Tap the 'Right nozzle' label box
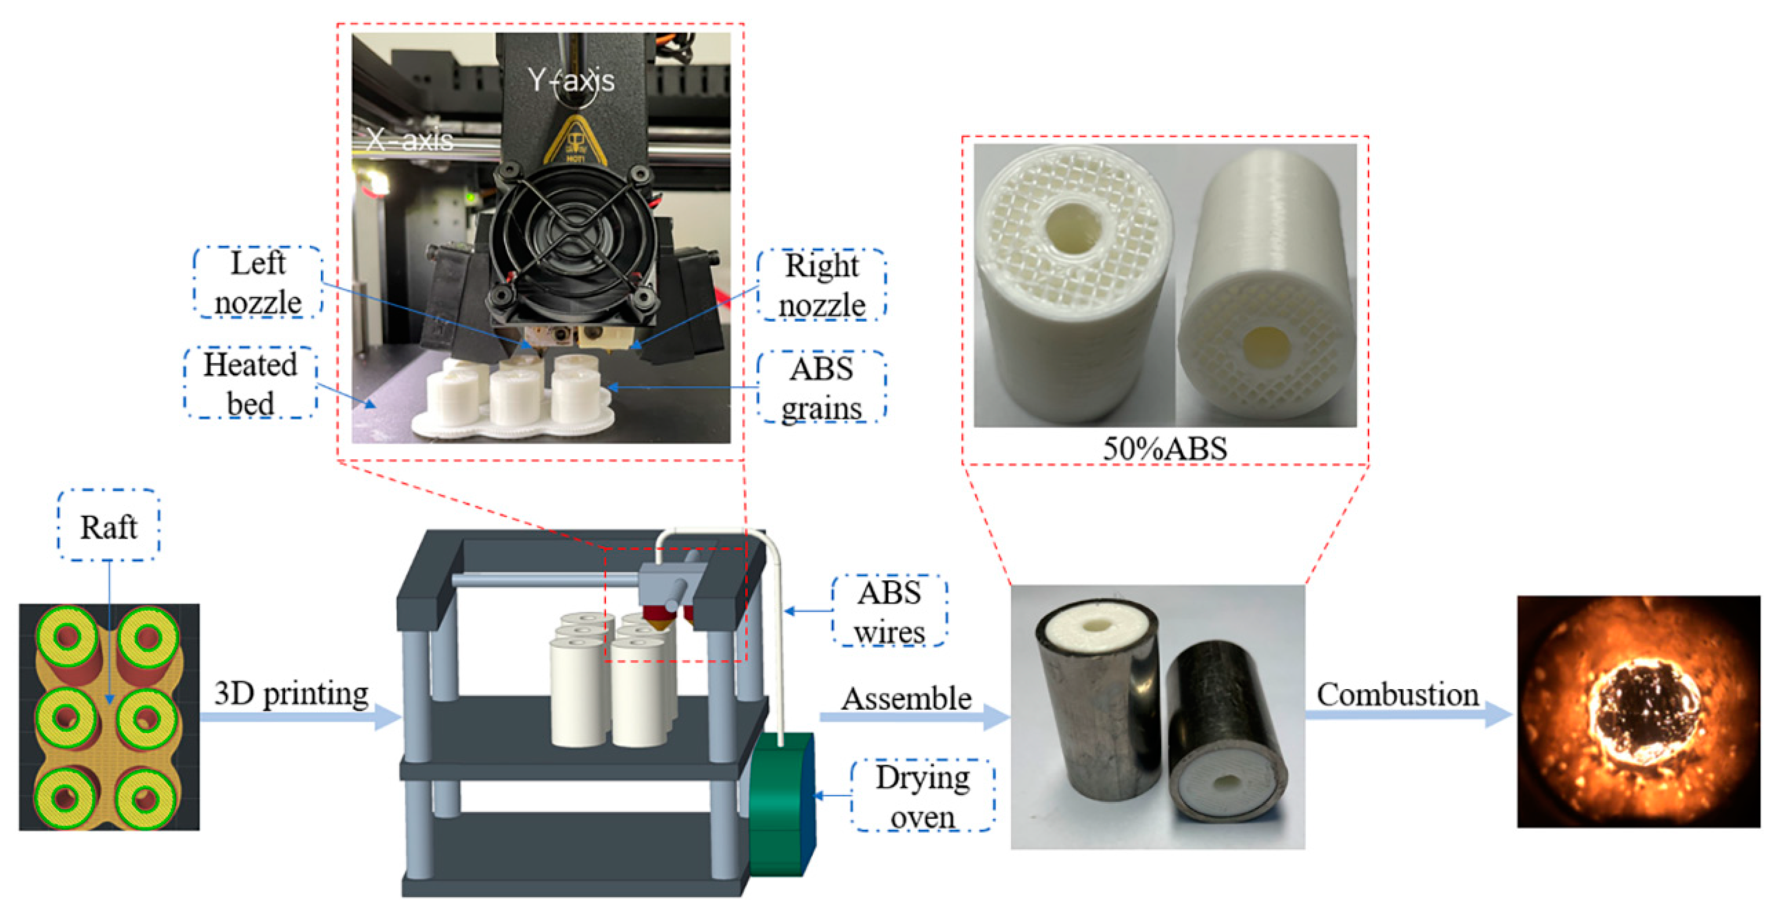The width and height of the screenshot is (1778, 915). click(x=821, y=285)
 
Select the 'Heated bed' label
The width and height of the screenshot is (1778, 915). click(x=250, y=383)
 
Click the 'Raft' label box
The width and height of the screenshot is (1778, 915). click(x=108, y=527)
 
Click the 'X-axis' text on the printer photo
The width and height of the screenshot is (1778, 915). click(x=410, y=141)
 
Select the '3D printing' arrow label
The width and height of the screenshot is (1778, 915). click(x=291, y=694)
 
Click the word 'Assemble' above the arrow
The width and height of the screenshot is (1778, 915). click(x=906, y=699)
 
